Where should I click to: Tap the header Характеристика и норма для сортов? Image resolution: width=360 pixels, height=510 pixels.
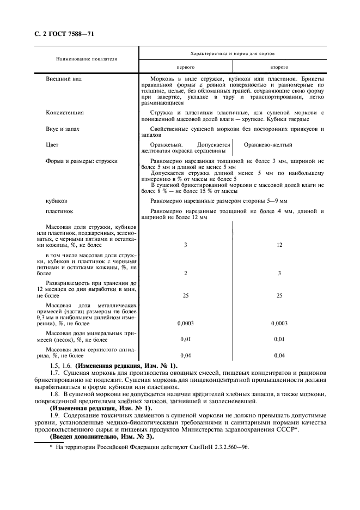[x=232, y=54]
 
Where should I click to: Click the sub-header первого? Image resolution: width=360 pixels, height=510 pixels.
[x=186, y=67]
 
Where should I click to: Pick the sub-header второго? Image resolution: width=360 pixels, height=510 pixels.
[x=279, y=67]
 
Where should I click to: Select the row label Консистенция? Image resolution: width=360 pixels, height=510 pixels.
[x=65, y=112]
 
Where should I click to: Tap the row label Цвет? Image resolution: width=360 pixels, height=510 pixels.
[x=52, y=145]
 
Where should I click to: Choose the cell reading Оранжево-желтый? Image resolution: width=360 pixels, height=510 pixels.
[x=268, y=145]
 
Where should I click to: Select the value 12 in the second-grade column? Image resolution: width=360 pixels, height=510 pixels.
[x=279, y=245]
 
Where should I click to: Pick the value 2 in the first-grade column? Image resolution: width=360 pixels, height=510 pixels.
[x=186, y=273]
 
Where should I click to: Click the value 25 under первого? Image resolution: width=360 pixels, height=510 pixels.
[x=186, y=295]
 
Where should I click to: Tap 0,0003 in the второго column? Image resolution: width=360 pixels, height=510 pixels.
[x=279, y=323]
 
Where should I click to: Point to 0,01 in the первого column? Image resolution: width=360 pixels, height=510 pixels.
[x=186, y=339]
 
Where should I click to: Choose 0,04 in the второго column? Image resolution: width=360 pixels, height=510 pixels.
[x=279, y=356]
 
